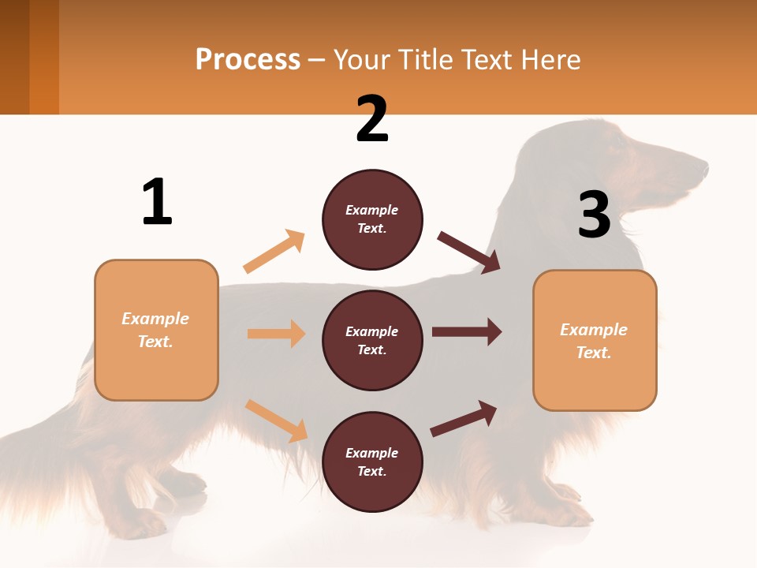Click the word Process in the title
[248, 60]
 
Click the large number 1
[157, 203]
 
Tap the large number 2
[372, 120]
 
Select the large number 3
[594, 215]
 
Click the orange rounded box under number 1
[156, 330]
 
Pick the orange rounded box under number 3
[595, 341]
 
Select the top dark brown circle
[372, 219]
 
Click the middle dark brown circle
[372, 341]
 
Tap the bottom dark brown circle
[372, 462]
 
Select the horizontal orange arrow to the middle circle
[276, 334]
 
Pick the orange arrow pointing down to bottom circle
[276, 420]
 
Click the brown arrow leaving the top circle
[469, 252]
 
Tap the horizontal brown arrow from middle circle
[467, 332]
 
